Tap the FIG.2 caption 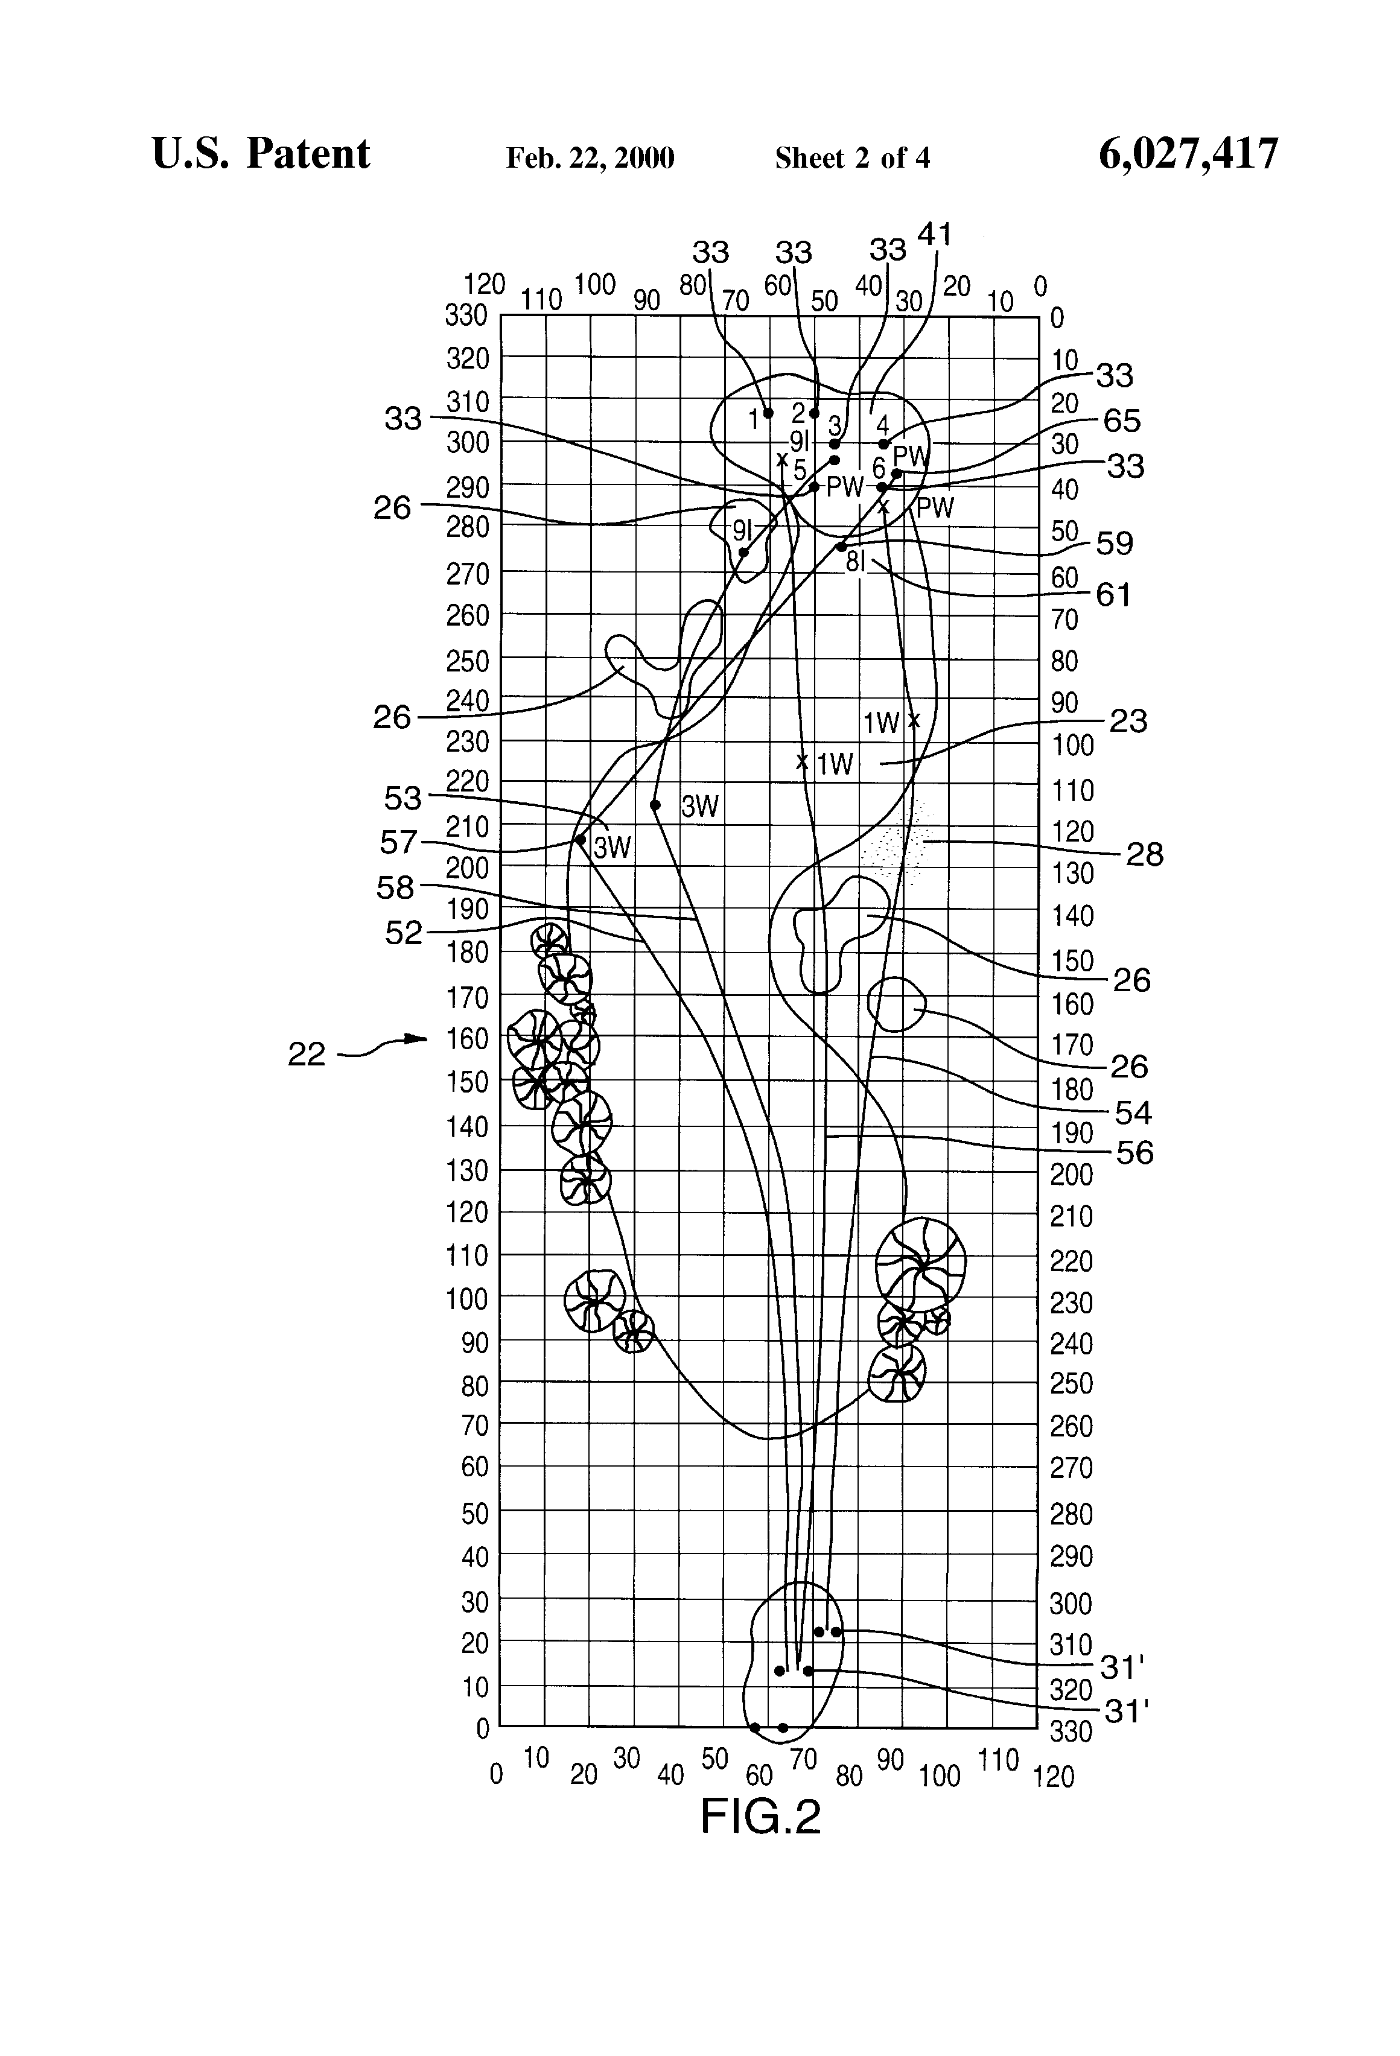coord(760,1817)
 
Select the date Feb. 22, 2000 coord(590,158)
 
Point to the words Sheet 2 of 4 coord(852,158)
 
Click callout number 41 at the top coord(935,235)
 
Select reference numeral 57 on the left coord(398,842)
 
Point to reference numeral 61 coord(1114,594)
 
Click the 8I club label coord(855,562)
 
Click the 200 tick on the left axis coord(466,868)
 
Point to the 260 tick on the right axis coord(1072,1426)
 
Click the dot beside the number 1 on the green coord(768,413)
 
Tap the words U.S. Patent coord(261,154)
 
